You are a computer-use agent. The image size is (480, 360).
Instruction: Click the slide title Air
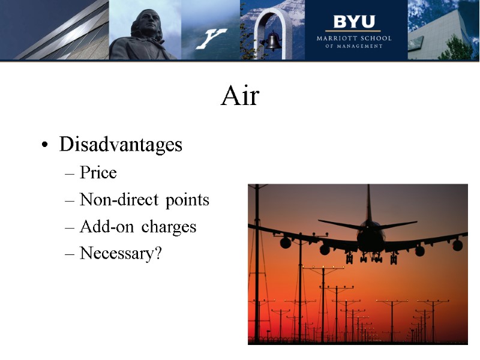point(239,96)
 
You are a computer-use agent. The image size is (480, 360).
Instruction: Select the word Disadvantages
point(121,145)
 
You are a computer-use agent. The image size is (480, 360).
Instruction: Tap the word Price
point(98,173)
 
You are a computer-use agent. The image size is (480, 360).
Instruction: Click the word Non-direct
point(115,200)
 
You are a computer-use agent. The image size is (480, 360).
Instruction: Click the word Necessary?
point(121,254)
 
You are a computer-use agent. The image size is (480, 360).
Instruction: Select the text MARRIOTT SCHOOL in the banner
point(354,38)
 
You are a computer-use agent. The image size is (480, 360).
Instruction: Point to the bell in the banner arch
point(273,41)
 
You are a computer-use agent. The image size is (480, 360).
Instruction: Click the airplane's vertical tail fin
point(368,204)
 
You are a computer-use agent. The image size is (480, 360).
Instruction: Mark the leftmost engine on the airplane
point(285,242)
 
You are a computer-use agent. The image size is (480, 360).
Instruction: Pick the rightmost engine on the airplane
point(457,245)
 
